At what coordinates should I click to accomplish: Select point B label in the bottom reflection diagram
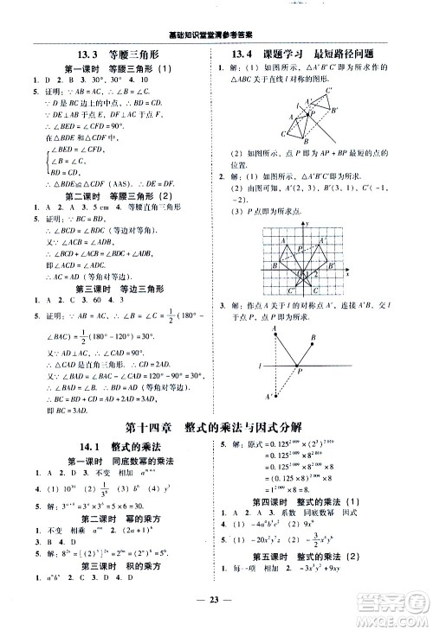(x=314, y=338)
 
